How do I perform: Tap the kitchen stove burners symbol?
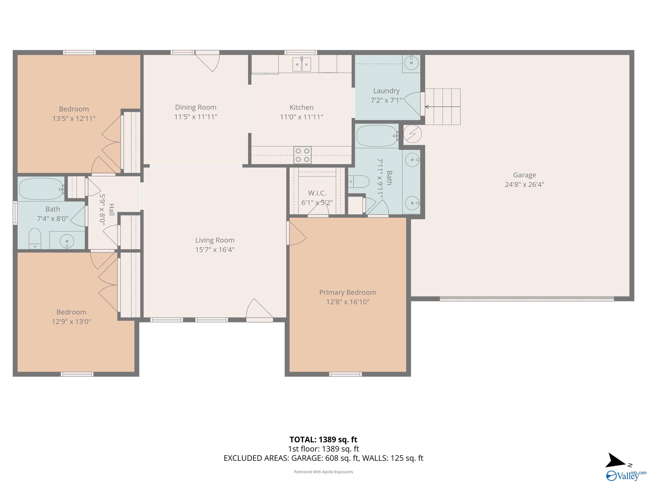[302, 155]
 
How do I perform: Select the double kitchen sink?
[302, 64]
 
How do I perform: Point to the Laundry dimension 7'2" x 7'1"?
[386, 100]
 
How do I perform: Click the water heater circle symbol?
[412, 134]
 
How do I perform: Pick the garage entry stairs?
[442, 107]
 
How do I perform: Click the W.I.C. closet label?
[317, 193]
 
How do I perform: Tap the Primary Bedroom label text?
[348, 292]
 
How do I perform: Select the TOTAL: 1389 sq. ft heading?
[323, 439]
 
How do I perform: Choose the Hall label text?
[111, 210]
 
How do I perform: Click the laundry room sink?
[411, 63]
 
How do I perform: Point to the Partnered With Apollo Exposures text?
[323, 472]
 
